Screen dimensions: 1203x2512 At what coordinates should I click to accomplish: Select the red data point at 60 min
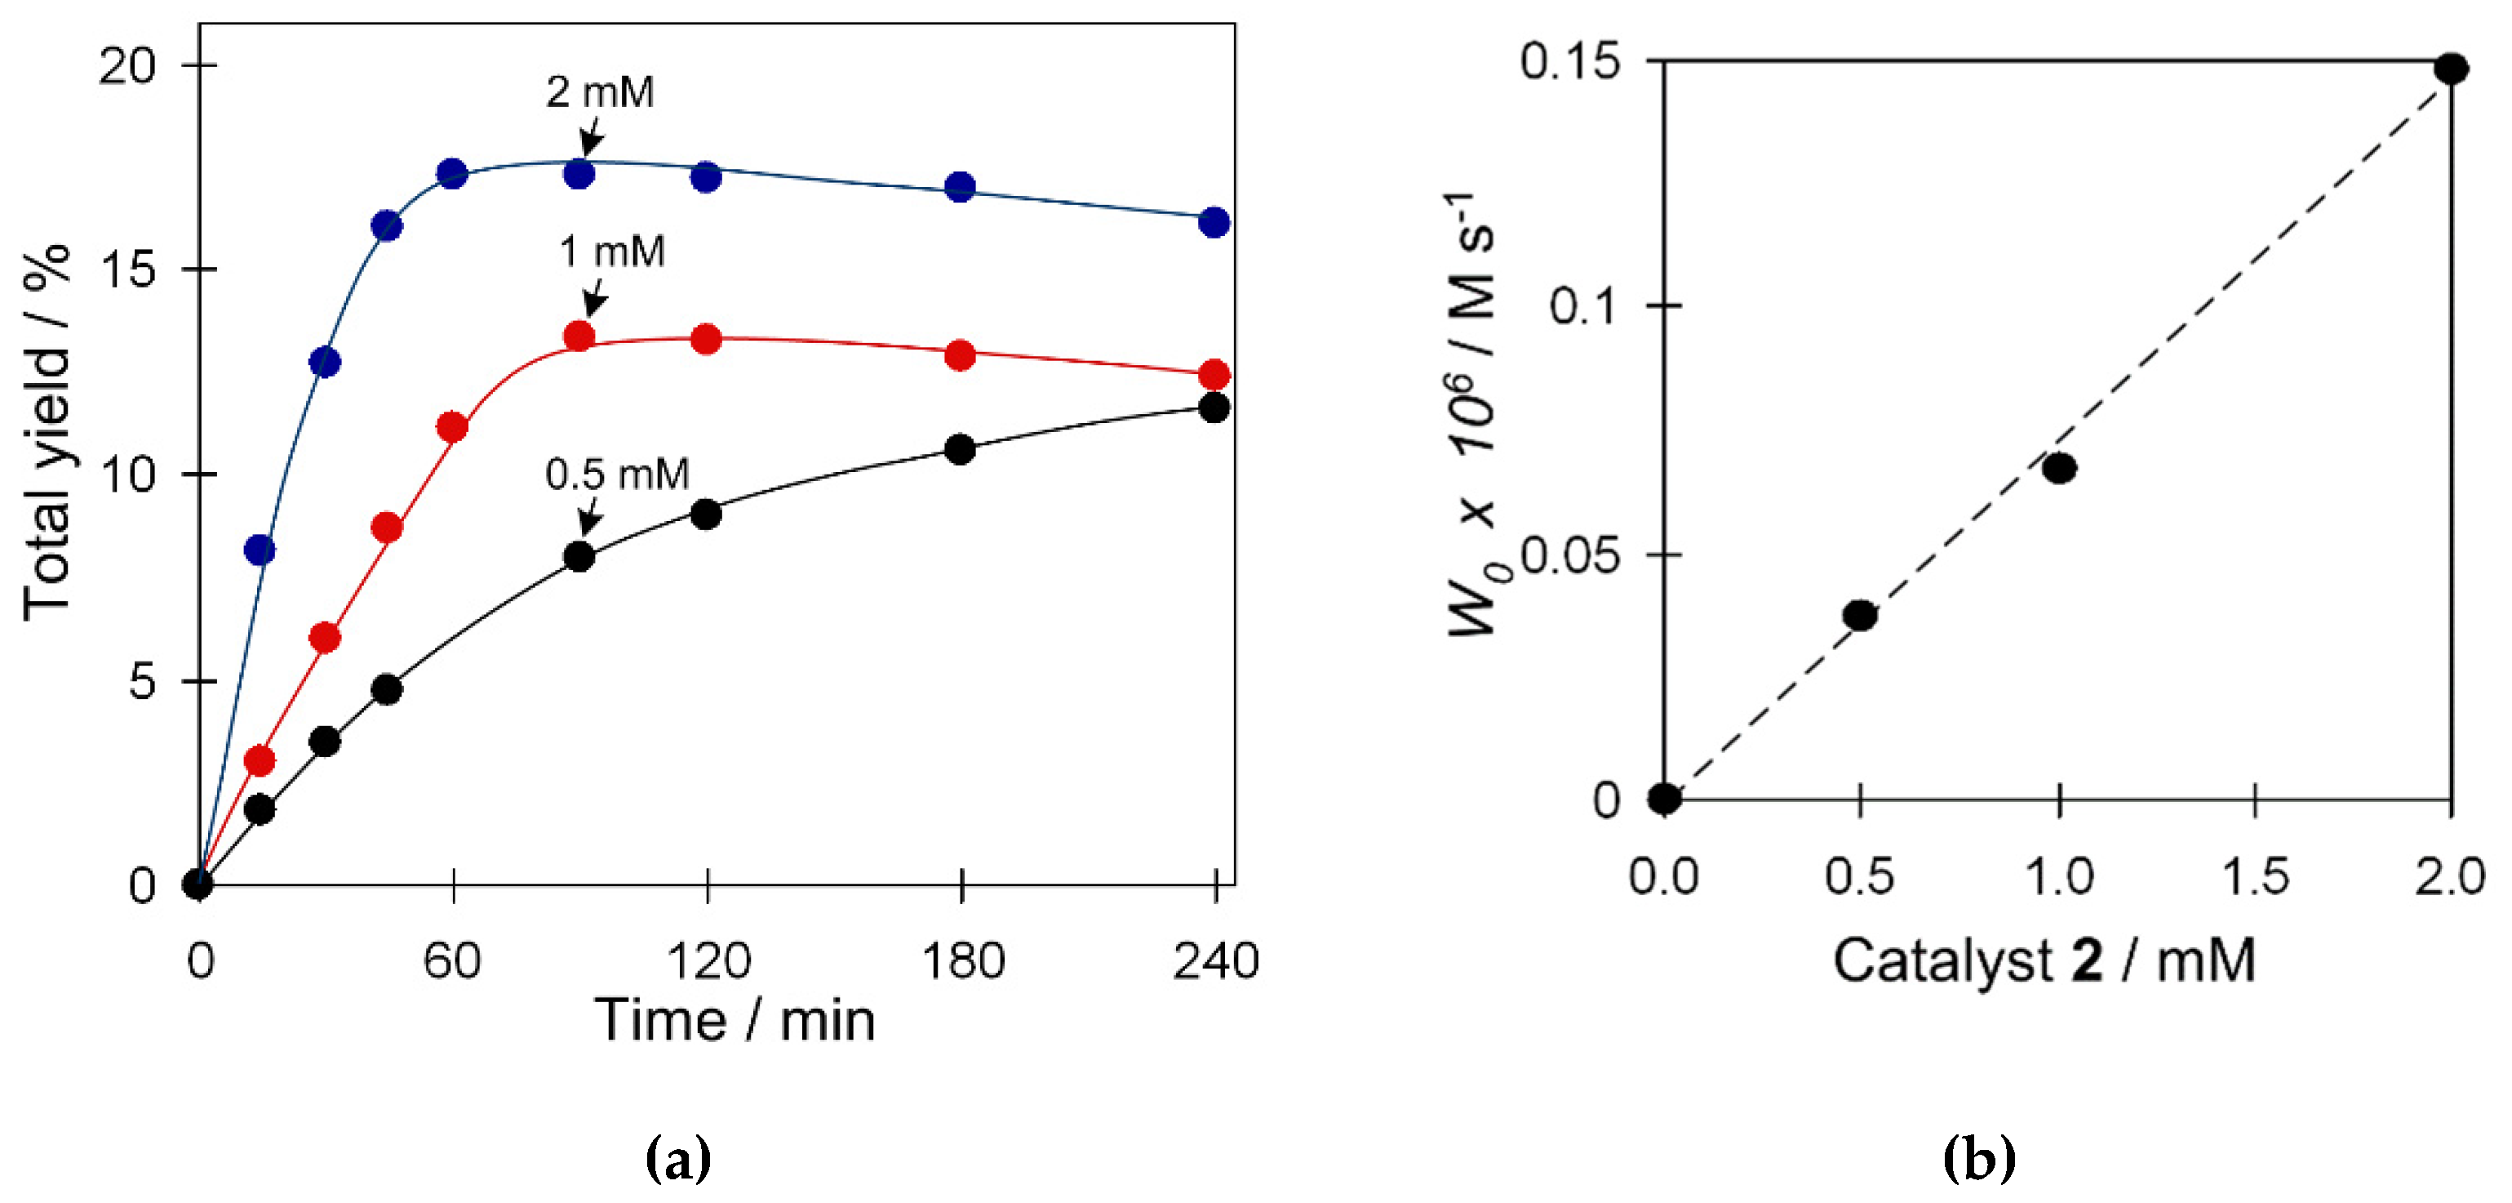click(x=451, y=426)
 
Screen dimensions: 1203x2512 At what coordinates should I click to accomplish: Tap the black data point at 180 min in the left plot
click(x=960, y=449)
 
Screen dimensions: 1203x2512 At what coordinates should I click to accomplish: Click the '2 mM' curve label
click(x=600, y=92)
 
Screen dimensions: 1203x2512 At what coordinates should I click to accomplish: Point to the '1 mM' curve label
click(x=611, y=252)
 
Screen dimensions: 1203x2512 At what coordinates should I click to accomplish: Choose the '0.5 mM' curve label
click(x=616, y=475)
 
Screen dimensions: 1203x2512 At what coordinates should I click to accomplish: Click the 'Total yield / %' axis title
click(x=47, y=432)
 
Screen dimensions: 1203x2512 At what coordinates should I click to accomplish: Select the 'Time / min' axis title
click(x=735, y=1021)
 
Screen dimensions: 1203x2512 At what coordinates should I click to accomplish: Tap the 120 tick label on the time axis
click(x=708, y=961)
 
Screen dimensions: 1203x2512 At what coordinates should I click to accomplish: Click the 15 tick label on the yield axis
click(x=126, y=270)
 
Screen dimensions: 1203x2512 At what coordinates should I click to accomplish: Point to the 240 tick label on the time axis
click(x=1215, y=961)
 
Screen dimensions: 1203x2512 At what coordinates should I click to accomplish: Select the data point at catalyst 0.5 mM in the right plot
click(x=1860, y=615)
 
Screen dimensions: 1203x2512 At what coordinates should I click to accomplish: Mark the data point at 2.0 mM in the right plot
click(x=2451, y=69)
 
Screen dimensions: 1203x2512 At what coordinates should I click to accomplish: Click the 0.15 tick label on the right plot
click(x=1570, y=61)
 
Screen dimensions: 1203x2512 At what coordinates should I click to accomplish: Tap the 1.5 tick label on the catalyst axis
click(x=2255, y=876)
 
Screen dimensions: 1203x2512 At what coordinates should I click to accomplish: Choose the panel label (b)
click(x=1978, y=1159)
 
